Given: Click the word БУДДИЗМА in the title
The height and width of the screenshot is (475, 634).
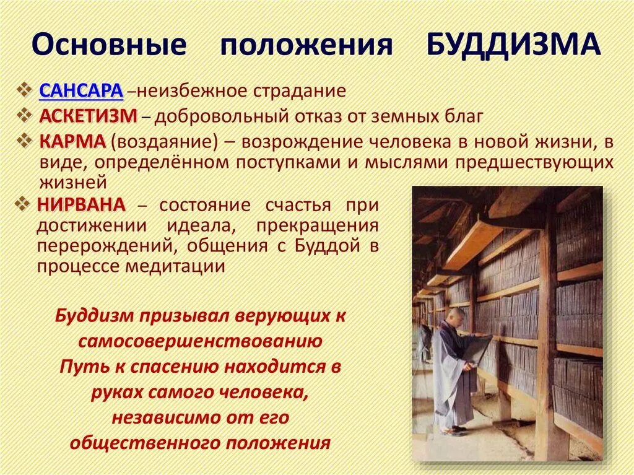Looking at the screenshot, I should pyautogui.click(x=513, y=45).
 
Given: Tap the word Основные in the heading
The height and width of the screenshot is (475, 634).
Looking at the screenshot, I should pyautogui.click(x=109, y=45).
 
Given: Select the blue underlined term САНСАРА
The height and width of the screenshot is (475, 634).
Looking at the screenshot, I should pyautogui.click(x=82, y=91).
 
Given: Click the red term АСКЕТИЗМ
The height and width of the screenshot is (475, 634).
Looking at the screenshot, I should pyautogui.click(x=89, y=116).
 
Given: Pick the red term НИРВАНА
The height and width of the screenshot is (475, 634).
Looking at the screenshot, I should pyautogui.click(x=81, y=204).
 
